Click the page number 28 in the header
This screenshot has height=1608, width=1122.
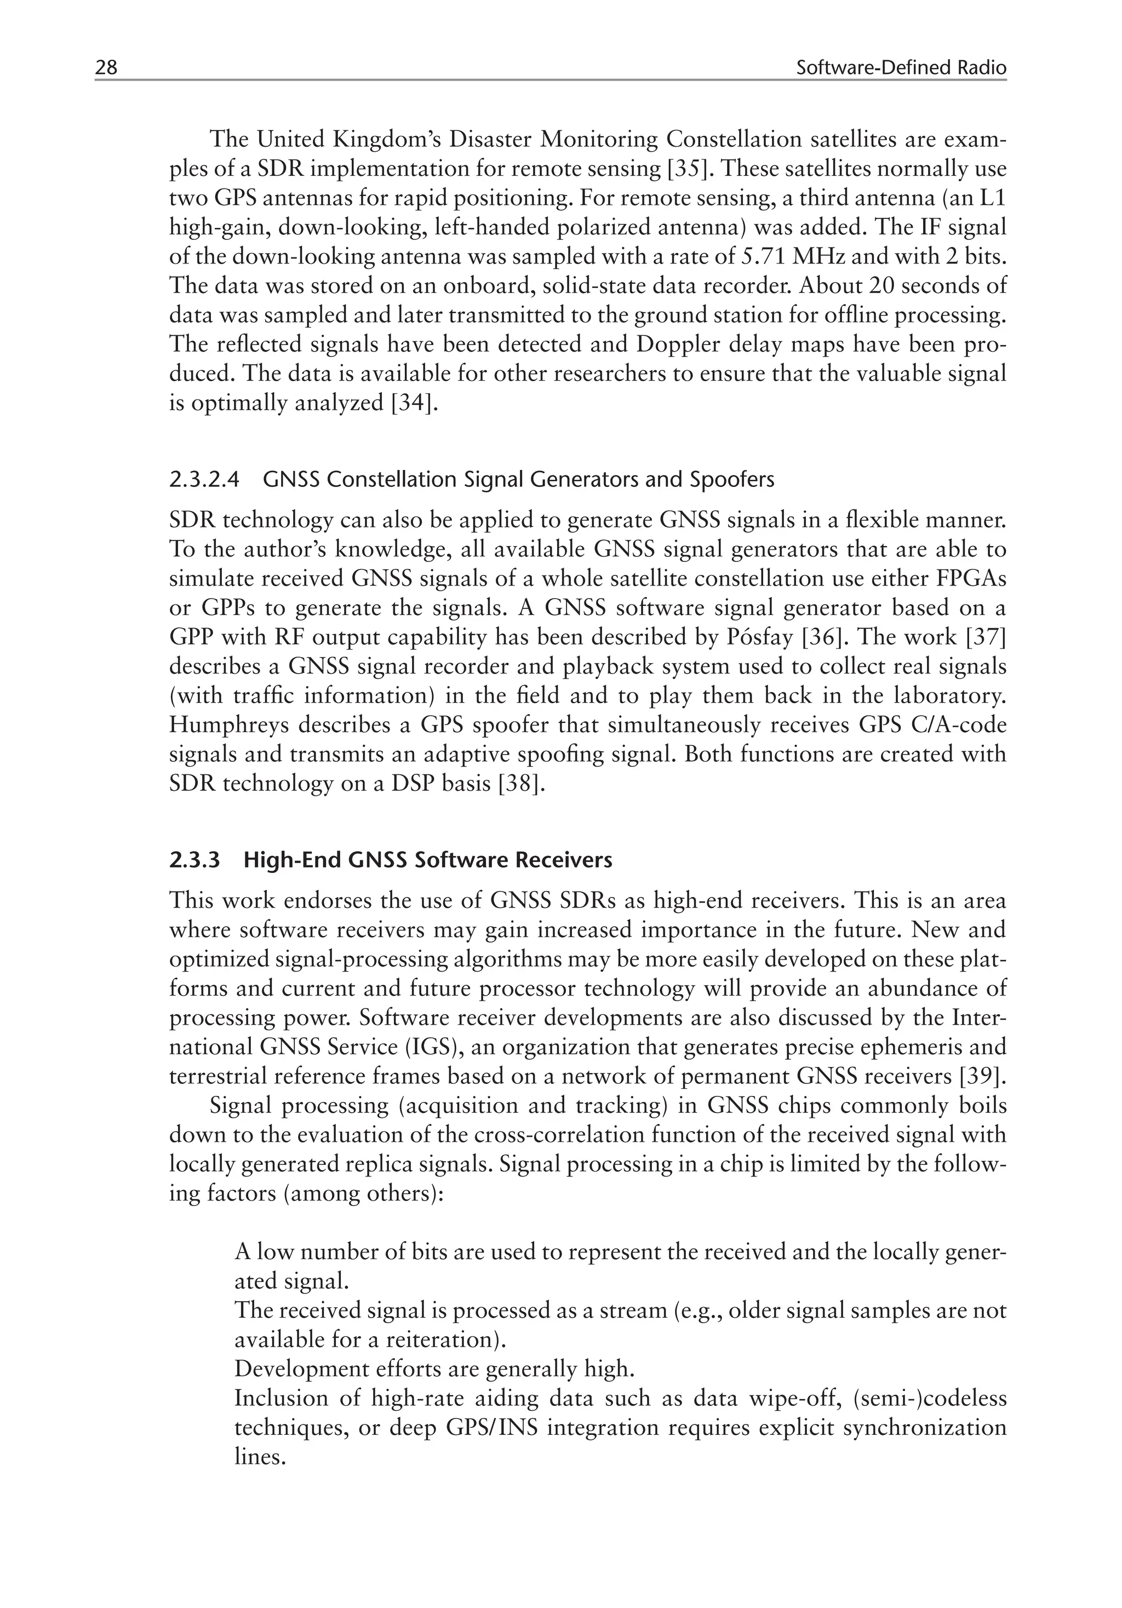coord(106,68)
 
